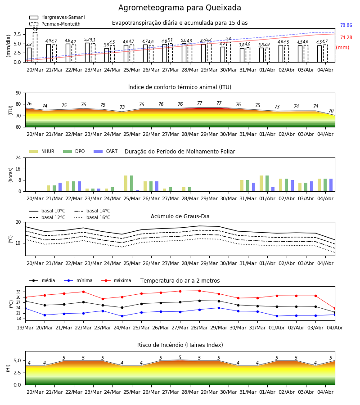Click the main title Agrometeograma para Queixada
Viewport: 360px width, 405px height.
(180, 8)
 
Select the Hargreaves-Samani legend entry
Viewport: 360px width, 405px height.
(57, 17)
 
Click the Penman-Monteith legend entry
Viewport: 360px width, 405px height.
(55, 24)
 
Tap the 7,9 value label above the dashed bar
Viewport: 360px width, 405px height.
(35, 29)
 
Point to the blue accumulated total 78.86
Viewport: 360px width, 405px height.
(346, 25)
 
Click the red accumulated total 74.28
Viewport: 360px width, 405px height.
(346, 37)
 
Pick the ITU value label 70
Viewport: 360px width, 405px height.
(331, 111)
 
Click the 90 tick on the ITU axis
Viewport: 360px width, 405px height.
(18, 93)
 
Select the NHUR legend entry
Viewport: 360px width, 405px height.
(42, 151)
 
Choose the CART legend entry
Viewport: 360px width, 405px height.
(105, 151)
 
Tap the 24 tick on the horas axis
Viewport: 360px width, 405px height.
(18, 157)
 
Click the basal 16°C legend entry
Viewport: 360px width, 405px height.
(92, 217)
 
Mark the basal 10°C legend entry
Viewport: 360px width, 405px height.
(47, 211)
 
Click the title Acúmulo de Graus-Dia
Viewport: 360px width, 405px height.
(180, 216)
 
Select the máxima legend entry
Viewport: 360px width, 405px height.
(116, 280)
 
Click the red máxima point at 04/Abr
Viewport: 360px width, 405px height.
(335, 308)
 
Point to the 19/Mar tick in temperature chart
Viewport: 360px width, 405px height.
(25, 328)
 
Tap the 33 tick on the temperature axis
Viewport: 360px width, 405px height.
(18, 292)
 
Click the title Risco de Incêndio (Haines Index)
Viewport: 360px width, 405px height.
(180, 345)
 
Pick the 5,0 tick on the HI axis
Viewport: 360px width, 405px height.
(17, 360)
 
